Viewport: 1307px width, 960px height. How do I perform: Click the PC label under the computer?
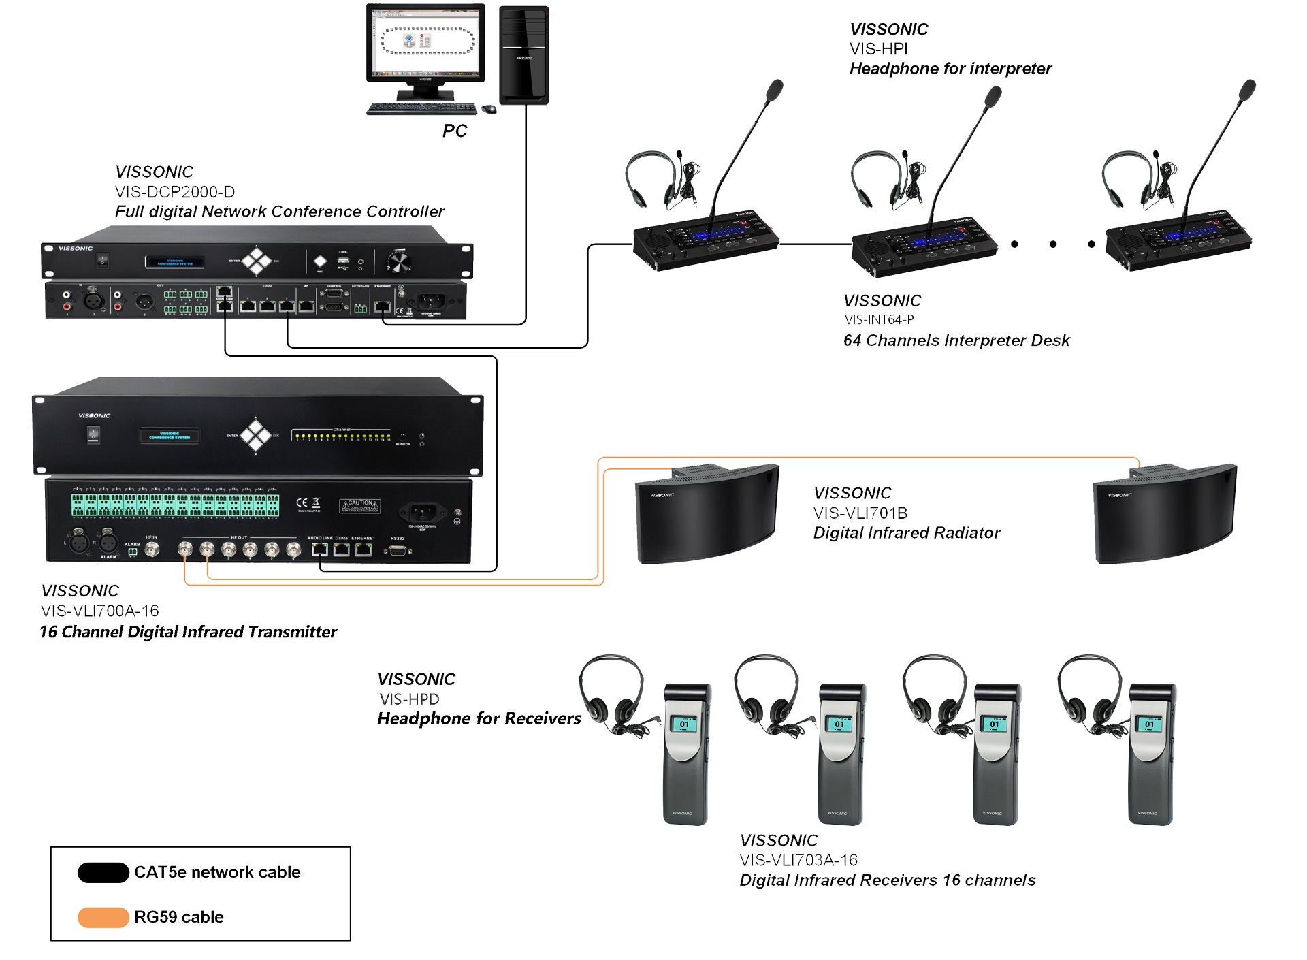point(454,131)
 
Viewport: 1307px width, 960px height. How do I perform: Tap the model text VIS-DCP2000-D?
point(175,192)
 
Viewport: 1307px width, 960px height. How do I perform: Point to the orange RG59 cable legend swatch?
point(103,917)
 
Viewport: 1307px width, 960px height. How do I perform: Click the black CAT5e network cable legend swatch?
point(103,872)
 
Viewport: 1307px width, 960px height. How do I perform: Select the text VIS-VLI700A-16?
point(100,611)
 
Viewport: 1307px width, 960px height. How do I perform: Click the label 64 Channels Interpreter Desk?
point(956,340)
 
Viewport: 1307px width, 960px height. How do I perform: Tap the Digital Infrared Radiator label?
point(906,533)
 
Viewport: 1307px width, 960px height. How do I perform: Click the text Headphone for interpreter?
point(950,69)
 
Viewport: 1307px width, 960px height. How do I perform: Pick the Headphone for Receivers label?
point(479,719)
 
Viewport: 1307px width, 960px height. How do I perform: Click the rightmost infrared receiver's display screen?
point(1149,723)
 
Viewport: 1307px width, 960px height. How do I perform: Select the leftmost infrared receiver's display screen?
point(684,723)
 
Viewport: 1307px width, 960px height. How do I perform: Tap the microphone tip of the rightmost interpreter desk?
point(1247,90)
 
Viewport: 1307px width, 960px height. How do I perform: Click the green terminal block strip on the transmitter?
point(175,505)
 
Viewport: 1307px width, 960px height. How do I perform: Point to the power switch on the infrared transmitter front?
point(94,434)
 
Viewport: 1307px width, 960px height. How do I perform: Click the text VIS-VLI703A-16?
point(798,861)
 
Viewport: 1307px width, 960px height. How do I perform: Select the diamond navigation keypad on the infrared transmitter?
point(256,435)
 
